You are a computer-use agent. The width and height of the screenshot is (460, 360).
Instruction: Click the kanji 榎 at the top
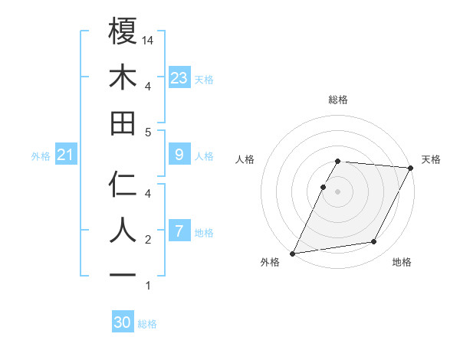click(x=123, y=32)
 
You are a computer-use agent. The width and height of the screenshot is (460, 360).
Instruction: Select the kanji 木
click(x=123, y=77)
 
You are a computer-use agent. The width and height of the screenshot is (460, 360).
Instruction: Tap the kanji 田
click(x=123, y=123)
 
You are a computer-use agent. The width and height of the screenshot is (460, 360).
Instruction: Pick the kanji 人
click(x=123, y=229)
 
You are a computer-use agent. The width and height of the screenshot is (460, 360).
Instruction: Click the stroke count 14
click(x=149, y=40)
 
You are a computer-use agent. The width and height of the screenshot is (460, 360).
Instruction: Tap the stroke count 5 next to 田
click(x=148, y=132)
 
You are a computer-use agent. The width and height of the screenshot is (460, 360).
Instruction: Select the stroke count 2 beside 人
click(x=148, y=240)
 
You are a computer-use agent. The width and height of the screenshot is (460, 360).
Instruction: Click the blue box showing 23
click(x=179, y=78)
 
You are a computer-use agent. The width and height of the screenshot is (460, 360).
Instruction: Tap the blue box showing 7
click(x=179, y=231)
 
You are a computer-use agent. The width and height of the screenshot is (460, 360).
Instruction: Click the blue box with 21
click(x=65, y=155)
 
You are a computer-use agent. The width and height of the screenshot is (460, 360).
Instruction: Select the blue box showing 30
click(x=123, y=322)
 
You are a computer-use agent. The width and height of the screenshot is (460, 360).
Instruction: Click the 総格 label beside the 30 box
click(x=147, y=324)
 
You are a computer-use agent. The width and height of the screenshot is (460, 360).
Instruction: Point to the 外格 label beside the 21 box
click(x=41, y=156)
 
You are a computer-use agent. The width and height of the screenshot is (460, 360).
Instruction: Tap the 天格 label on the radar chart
click(x=431, y=159)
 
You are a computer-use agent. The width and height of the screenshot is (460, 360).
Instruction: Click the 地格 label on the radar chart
click(x=402, y=263)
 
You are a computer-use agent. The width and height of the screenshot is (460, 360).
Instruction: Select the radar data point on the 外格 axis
click(x=293, y=254)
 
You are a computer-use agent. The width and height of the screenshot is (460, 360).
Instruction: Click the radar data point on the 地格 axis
click(x=374, y=242)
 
